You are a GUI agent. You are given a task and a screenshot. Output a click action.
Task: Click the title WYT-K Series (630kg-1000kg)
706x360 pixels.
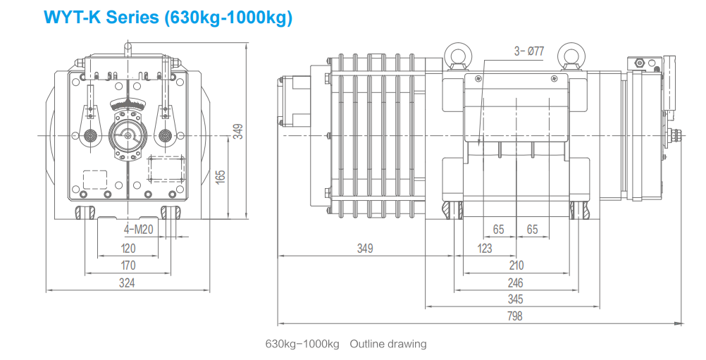(x=168, y=17)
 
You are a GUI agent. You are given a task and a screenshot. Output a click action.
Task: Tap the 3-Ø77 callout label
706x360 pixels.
(x=529, y=51)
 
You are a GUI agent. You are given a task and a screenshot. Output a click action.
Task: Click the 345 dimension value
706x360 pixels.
(x=515, y=299)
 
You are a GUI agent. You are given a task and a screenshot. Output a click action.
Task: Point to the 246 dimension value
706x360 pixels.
(x=515, y=283)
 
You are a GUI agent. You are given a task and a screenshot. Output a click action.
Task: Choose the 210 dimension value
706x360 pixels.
(x=516, y=266)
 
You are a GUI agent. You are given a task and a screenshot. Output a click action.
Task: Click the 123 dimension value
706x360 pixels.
(x=485, y=249)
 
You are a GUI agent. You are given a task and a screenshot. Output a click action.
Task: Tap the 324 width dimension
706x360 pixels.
(x=127, y=283)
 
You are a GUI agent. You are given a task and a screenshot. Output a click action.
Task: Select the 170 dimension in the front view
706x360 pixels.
(x=128, y=266)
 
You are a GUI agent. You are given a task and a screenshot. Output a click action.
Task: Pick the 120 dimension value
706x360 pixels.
(x=128, y=249)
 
